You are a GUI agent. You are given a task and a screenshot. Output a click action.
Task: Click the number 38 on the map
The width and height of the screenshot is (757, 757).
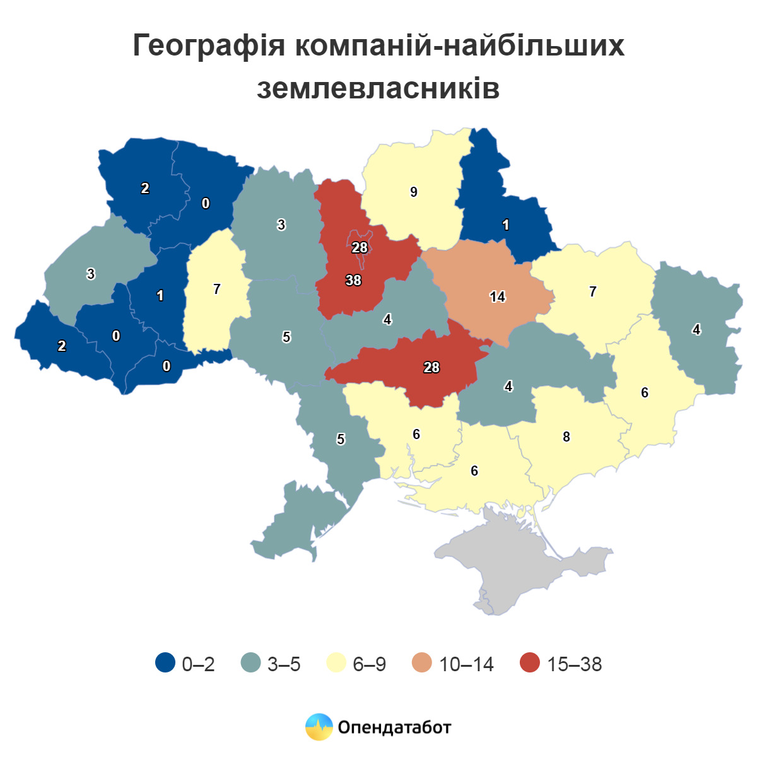353,280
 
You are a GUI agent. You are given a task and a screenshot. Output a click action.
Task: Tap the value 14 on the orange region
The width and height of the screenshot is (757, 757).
498,296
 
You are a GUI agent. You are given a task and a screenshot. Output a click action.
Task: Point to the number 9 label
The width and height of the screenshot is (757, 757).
414,192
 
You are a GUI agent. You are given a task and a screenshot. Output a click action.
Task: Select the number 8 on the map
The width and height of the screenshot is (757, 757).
566,437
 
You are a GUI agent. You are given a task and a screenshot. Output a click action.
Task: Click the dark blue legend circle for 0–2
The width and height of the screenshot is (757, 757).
165,663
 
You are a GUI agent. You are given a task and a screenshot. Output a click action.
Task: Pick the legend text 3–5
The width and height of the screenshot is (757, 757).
284,664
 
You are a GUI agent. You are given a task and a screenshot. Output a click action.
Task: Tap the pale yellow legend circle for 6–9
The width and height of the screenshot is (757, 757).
336,663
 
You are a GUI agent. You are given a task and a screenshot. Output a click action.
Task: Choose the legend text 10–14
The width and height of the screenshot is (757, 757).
466,664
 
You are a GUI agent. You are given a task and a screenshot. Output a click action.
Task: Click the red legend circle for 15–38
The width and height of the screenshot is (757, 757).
530,663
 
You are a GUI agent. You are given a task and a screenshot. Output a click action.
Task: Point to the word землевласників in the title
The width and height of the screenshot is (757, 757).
378,89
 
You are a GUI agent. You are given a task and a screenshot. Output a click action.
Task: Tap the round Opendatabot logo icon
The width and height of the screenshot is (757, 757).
319,727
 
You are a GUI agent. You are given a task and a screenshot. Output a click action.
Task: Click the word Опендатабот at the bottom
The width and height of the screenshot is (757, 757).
395,727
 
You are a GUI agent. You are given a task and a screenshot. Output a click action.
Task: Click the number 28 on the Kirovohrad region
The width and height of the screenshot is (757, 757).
431,367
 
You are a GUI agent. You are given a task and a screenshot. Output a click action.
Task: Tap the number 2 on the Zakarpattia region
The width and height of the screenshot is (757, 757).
62,346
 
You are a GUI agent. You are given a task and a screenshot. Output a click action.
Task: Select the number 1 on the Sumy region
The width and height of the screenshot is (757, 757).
506,225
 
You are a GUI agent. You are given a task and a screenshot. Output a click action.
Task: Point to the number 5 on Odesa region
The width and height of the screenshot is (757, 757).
341,439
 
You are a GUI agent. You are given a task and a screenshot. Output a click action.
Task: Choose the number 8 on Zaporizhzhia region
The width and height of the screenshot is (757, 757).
566,437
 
